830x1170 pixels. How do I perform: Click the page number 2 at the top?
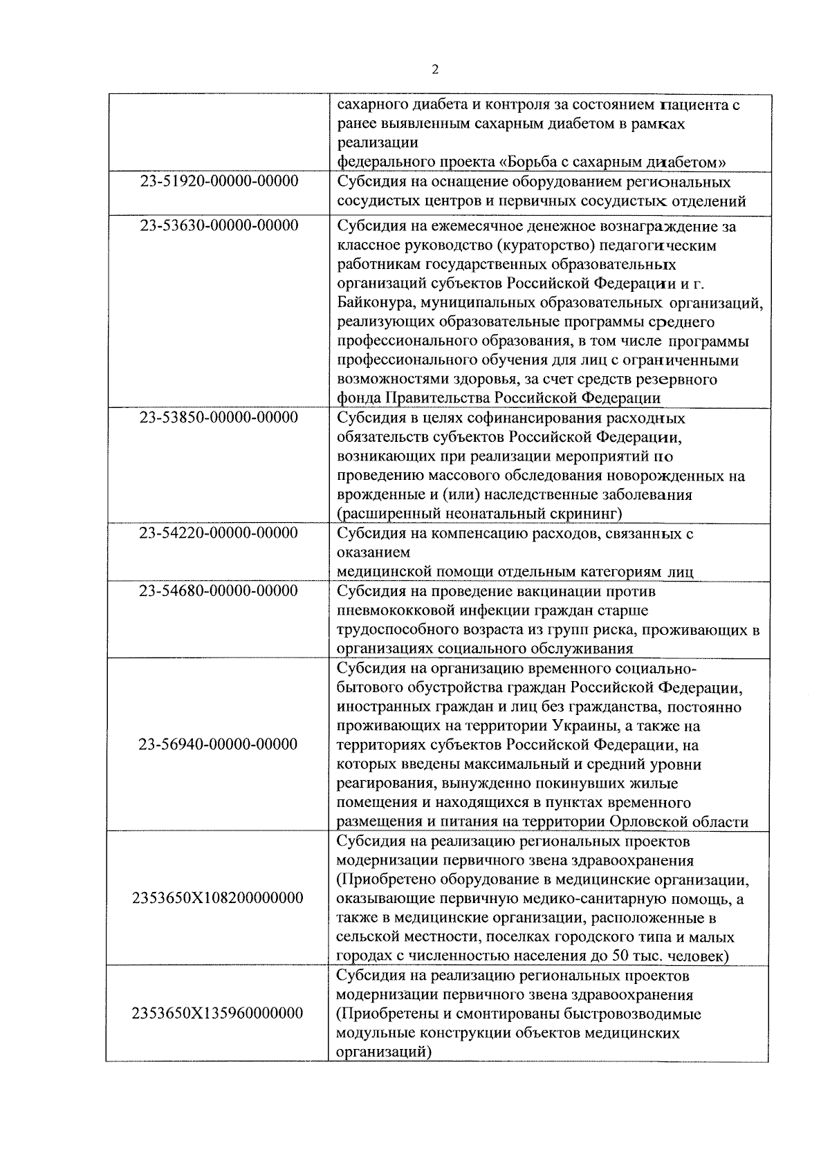click(x=434, y=70)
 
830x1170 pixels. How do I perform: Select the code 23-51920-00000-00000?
click(x=219, y=182)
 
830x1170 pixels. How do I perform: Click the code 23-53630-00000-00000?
click(x=219, y=226)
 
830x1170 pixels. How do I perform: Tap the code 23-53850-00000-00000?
click(x=219, y=418)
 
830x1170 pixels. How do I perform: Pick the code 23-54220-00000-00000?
click(x=219, y=533)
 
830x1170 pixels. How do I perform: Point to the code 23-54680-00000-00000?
click(x=219, y=591)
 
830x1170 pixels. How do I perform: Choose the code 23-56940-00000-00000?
click(x=218, y=745)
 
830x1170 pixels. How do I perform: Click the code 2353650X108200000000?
click(x=217, y=898)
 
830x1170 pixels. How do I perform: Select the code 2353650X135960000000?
click(x=217, y=1014)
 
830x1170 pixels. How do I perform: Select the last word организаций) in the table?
click(x=383, y=1052)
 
